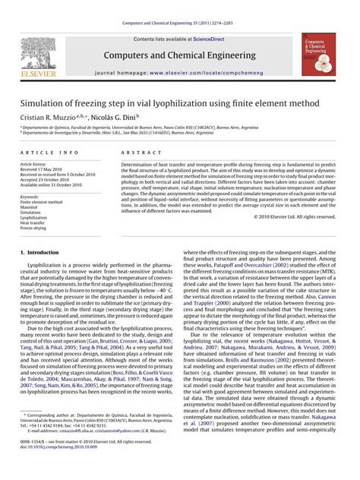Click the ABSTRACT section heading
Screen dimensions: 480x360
click(x=136, y=153)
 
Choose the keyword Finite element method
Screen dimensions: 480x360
click(x=42, y=202)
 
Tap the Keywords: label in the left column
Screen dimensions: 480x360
click(x=30, y=197)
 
